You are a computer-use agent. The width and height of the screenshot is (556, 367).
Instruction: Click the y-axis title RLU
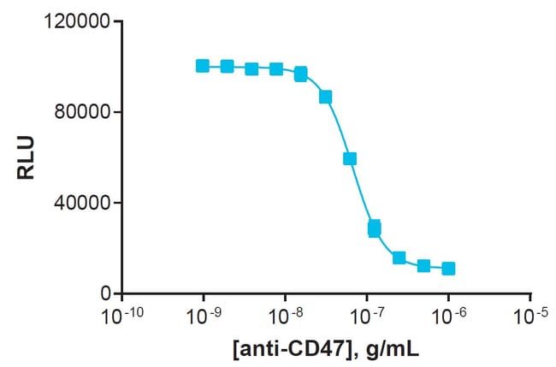(x=27, y=157)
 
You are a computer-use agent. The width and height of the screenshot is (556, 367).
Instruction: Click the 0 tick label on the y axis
(x=104, y=293)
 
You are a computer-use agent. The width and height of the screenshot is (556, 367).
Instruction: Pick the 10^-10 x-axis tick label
(x=121, y=316)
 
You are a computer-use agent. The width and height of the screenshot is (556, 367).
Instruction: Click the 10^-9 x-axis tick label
(x=204, y=316)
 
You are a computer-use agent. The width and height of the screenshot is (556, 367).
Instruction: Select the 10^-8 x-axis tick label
(x=286, y=316)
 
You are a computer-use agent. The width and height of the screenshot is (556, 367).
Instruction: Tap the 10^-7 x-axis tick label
(x=367, y=316)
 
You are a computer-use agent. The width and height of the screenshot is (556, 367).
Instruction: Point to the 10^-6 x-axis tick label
(x=448, y=316)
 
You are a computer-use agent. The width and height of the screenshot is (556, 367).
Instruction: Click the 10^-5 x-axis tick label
(x=530, y=316)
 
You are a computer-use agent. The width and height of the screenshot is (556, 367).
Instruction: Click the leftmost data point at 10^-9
(x=203, y=66)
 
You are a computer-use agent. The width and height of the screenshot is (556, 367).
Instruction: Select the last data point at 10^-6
(x=448, y=269)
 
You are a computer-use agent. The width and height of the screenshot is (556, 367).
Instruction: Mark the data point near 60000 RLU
(x=350, y=158)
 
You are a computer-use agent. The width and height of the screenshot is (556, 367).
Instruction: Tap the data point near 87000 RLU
(x=325, y=97)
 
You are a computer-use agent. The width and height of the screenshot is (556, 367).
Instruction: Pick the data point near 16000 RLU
(x=399, y=257)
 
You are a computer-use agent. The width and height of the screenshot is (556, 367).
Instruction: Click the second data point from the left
(x=228, y=67)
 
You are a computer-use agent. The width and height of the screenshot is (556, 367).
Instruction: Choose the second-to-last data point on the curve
(x=423, y=266)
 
